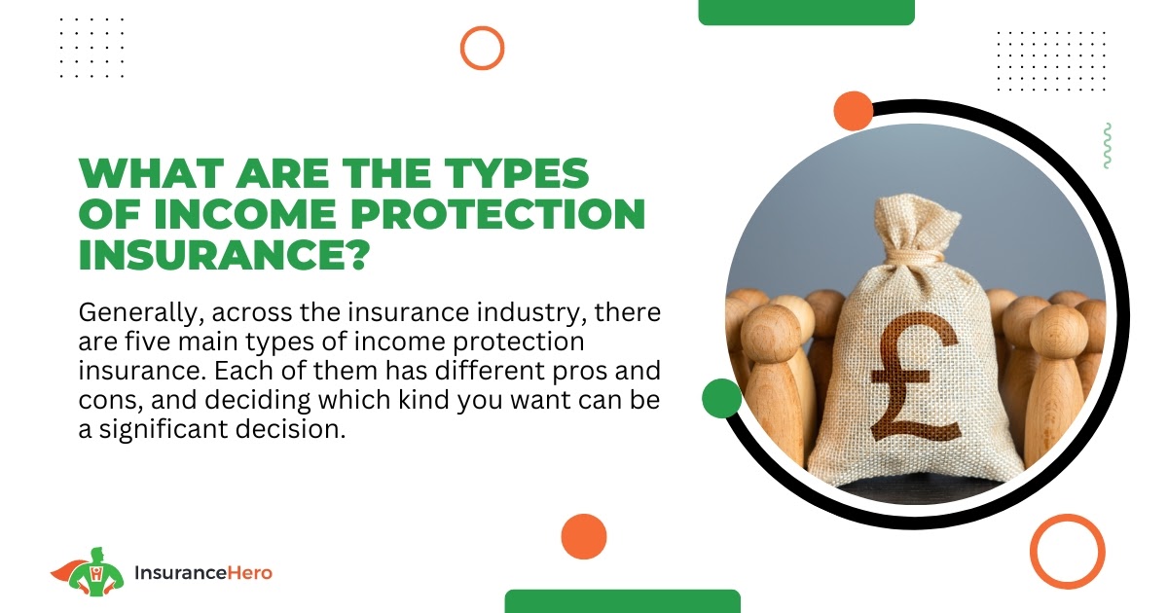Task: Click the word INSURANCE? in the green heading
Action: [224, 255]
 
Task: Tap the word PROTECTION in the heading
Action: [498, 213]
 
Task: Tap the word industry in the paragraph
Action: [531, 313]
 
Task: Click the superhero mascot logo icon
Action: [89, 572]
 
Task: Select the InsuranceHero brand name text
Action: [203, 573]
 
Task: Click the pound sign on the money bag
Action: [916, 377]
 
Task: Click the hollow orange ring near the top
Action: [483, 48]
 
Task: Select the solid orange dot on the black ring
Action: [853, 111]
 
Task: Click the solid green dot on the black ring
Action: [721, 398]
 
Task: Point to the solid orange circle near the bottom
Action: [584, 536]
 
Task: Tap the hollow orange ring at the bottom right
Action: [1068, 552]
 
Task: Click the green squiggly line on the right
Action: [1107, 145]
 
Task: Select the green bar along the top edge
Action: [806, 12]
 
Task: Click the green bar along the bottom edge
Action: [623, 601]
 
